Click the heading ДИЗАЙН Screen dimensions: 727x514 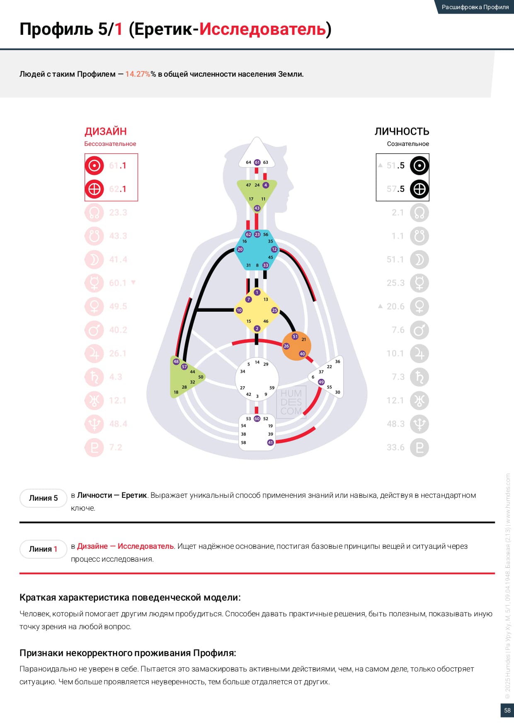pos(106,131)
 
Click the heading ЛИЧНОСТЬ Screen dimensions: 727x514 pos(402,131)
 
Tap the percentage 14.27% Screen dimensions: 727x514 pos(138,74)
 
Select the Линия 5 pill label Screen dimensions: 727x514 pos(43,498)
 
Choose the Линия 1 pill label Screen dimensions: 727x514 pos(43,549)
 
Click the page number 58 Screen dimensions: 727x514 pos(507,710)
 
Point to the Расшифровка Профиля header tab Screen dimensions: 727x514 pos(475,7)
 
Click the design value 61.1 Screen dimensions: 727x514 pos(118,165)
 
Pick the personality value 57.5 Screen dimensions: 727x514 pos(395,189)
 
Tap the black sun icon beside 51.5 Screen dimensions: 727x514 pos(419,165)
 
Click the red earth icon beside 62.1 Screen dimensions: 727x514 pos(95,189)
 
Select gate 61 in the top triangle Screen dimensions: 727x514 pos(257,162)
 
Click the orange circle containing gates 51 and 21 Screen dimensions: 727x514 pos(296,346)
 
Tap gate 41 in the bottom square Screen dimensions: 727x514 pos(270,443)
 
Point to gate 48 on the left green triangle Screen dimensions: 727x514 pos(176,361)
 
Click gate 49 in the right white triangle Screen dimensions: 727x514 pos(321,382)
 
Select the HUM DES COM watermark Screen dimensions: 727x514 pos(291,402)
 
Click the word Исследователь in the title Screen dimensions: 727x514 pos(262,29)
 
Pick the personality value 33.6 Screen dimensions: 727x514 pos(395,448)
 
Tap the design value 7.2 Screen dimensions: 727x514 pos(116,448)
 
